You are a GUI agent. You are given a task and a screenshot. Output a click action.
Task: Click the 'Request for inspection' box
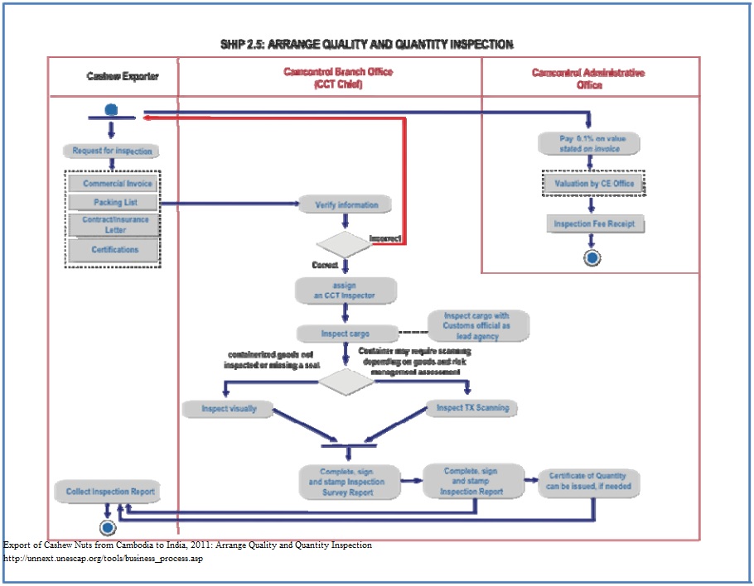click(x=112, y=151)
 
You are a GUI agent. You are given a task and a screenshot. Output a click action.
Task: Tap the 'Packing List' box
click(x=114, y=203)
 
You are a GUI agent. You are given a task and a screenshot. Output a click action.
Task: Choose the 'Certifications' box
click(x=115, y=250)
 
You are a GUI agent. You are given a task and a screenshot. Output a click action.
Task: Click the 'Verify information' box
click(x=346, y=205)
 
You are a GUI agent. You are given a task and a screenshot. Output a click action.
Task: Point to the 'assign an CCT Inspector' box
click(x=346, y=291)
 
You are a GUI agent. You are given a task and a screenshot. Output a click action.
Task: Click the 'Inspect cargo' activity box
click(x=346, y=334)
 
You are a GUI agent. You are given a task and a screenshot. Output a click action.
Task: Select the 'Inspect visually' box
click(x=229, y=409)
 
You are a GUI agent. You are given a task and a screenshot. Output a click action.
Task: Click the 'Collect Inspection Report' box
click(x=109, y=492)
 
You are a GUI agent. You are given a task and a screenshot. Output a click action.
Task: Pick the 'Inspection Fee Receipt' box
click(x=594, y=224)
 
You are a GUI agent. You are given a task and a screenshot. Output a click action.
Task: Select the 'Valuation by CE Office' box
click(x=594, y=183)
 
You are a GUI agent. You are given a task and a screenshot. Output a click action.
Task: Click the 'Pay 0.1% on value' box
click(x=590, y=143)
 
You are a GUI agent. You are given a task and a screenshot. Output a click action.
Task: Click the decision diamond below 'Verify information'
click(x=345, y=243)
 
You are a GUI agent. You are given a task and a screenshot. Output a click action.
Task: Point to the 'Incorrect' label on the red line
click(x=385, y=238)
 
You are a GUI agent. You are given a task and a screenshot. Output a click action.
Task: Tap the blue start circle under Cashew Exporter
click(x=111, y=109)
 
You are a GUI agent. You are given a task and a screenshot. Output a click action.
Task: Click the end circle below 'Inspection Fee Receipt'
click(x=592, y=257)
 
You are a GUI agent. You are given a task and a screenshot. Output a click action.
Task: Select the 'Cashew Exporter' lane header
click(x=122, y=77)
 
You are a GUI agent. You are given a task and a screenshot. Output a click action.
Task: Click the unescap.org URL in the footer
click(x=104, y=559)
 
